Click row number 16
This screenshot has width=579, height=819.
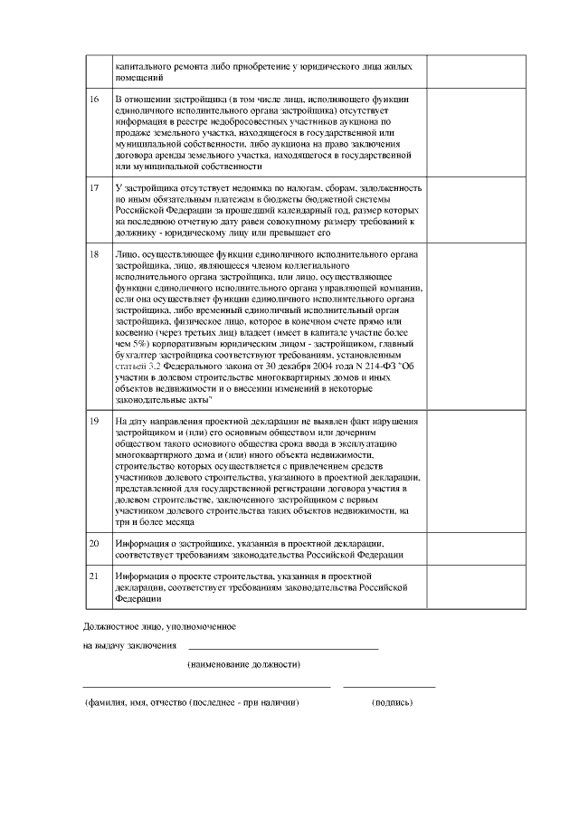pyautogui.click(x=94, y=98)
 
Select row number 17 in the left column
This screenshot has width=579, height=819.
pyautogui.click(x=94, y=187)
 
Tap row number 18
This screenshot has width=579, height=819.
pyautogui.click(x=94, y=254)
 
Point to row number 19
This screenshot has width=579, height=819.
pyautogui.click(x=94, y=422)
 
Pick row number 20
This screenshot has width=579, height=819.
pyautogui.click(x=94, y=543)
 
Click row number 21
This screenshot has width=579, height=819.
pyautogui.click(x=94, y=576)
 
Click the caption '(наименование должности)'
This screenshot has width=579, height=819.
pyautogui.click(x=243, y=664)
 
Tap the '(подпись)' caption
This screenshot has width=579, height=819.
pyautogui.click(x=392, y=701)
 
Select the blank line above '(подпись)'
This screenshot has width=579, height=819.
pyautogui.click(x=389, y=686)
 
